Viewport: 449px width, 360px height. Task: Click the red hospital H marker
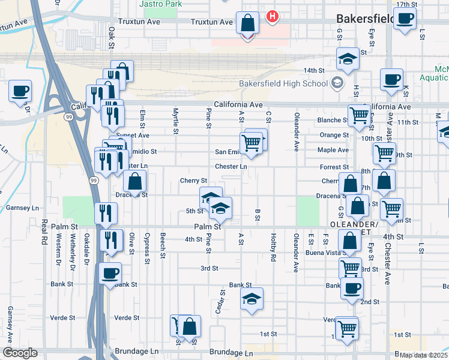tap(273, 16)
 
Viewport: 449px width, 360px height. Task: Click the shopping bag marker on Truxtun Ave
tap(247, 24)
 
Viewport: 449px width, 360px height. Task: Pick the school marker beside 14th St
tap(347, 59)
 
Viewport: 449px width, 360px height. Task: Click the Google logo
tap(20, 353)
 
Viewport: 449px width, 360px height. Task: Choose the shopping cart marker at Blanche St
tap(359, 115)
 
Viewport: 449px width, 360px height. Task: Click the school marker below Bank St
tap(252, 299)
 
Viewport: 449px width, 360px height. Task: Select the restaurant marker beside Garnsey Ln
tap(106, 213)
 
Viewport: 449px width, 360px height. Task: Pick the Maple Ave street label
tap(333, 150)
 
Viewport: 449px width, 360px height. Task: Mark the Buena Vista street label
tap(327, 254)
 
